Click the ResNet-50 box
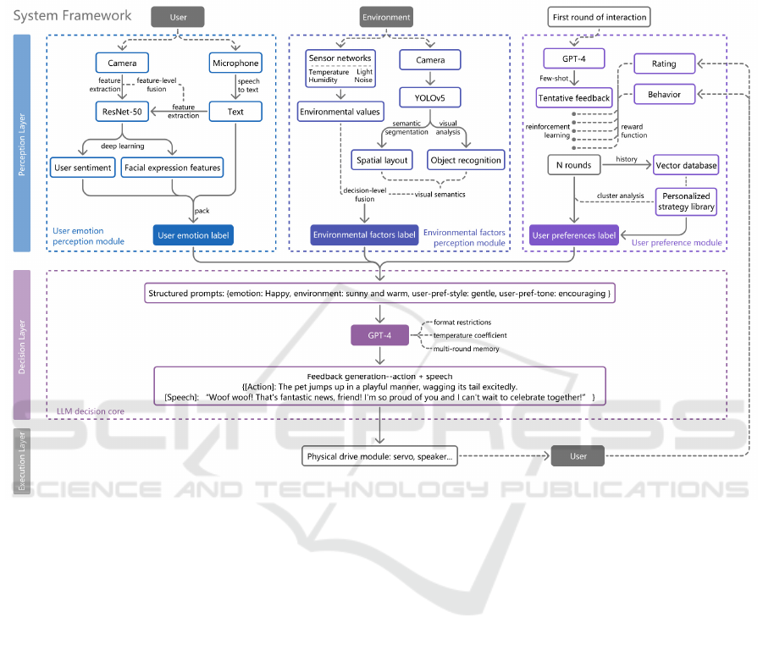click(x=122, y=111)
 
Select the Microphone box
click(x=235, y=63)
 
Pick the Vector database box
click(x=686, y=165)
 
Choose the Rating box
click(x=665, y=63)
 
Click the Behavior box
click(x=665, y=94)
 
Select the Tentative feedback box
click(x=574, y=98)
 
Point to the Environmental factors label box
click(x=365, y=235)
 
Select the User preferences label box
click(x=574, y=235)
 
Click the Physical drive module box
click(x=380, y=456)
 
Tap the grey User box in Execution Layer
click(x=578, y=456)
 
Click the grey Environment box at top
click(x=386, y=16)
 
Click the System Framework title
click(x=73, y=15)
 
